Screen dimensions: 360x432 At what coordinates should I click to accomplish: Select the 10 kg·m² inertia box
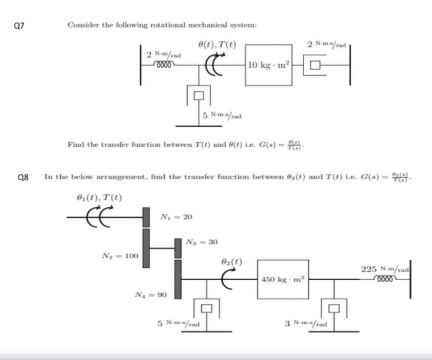[268, 65]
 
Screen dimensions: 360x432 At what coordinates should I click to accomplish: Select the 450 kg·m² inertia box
[283, 279]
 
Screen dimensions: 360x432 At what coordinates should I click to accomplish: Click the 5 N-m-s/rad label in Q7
[222, 115]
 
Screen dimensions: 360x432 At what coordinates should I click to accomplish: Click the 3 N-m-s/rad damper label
[306, 324]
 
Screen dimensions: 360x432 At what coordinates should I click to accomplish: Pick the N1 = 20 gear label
[176, 217]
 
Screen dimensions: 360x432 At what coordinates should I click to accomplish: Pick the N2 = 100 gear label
[119, 255]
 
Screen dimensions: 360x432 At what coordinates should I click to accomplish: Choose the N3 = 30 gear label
[202, 242]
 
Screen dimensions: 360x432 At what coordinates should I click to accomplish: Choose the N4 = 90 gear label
[151, 295]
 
